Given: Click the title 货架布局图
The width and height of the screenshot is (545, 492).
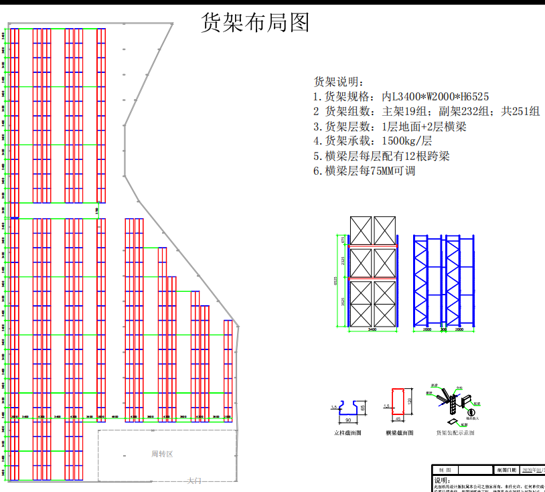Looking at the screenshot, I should tap(256, 23).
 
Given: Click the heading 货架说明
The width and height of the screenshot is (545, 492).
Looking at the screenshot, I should tap(339, 82).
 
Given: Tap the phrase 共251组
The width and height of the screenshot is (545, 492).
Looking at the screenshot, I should tap(521, 111).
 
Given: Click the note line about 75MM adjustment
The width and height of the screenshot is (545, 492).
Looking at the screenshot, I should tap(365, 171).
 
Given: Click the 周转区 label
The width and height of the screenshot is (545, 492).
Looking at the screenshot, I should tap(162, 454).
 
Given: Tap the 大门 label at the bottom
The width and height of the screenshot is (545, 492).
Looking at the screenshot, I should tap(194, 481).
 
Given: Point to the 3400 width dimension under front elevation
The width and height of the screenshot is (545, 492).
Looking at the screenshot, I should tap(372, 329).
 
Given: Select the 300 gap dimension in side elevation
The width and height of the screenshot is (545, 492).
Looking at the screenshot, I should tap(443, 329).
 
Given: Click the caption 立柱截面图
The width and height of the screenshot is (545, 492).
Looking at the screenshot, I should tap(348, 433).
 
